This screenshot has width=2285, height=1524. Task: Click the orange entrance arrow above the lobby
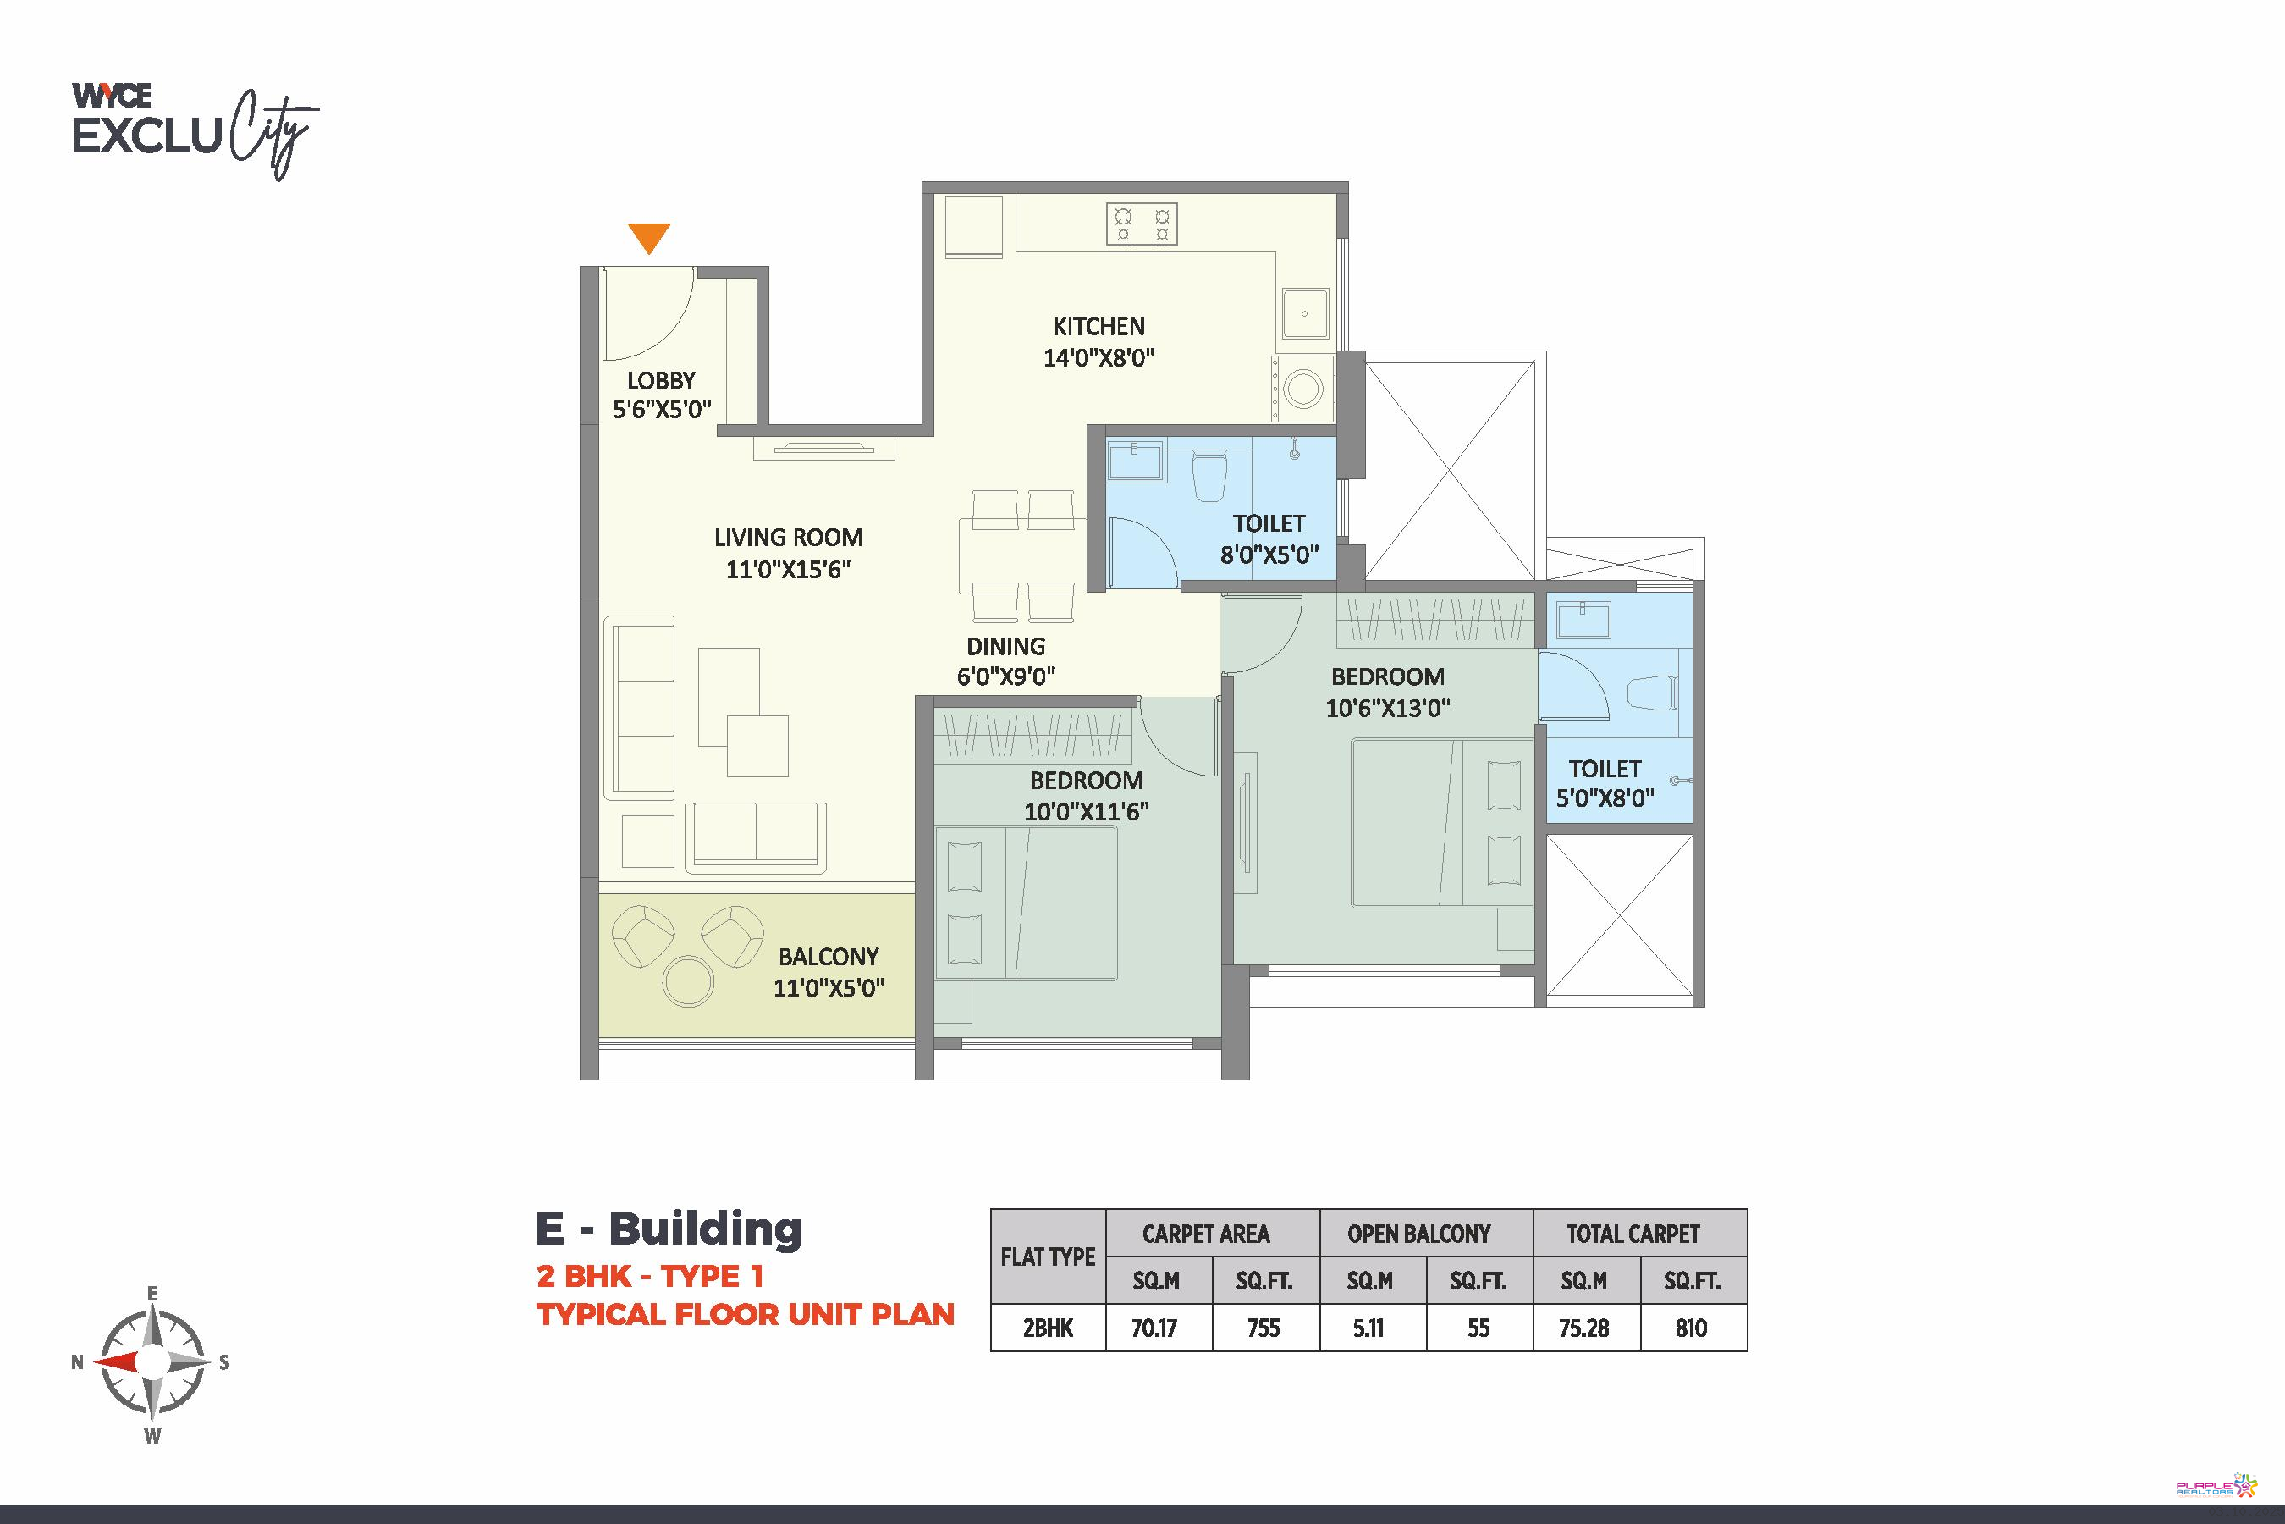click(649, 237)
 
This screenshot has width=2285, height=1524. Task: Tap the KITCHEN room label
click(1098, 327)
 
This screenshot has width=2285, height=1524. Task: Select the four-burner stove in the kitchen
click(1142, 224)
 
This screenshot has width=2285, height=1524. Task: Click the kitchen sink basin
click(1305, 313)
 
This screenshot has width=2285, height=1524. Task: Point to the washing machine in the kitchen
click(1302, 389)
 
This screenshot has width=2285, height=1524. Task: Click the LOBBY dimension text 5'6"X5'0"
click(662, 409)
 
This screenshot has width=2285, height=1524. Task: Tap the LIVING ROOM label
click(788, 538)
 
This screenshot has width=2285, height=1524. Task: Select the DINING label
click(1005, 646)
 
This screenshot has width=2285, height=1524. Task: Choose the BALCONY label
click(829, 957)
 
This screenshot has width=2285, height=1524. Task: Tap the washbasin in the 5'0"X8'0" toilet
click(1583, 619)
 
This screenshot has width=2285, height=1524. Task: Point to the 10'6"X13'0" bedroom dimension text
click(1387, 709)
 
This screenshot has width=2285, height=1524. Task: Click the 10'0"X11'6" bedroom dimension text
click(1086, 812)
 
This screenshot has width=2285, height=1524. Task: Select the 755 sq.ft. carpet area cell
click(1264, 1328)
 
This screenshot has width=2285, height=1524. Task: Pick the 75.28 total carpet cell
click(1583, 1328)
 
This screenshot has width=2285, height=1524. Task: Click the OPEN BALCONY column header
click(1418, 1234)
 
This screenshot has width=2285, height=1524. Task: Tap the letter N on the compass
click(78, 1361)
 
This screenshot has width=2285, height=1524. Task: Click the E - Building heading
click(669, 1229)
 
